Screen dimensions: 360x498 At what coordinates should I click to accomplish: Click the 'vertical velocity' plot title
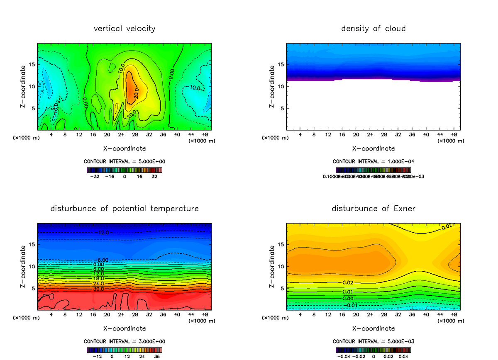click(124, 29)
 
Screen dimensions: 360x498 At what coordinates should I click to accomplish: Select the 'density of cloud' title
click(373, 29)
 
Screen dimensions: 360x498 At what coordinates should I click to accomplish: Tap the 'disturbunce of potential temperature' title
click(124, 208)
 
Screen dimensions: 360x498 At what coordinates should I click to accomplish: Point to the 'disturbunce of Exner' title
click(373, 208)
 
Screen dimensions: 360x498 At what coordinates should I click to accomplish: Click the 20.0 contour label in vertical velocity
click(137, 95)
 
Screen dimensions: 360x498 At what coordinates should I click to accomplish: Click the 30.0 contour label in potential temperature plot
click(99, 289)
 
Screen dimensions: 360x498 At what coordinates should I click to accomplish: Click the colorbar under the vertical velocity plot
click(124, 170)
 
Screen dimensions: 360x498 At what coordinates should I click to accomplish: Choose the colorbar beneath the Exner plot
click(373, 350)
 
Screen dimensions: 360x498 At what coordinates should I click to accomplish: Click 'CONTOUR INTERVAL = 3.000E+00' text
click(124, 341)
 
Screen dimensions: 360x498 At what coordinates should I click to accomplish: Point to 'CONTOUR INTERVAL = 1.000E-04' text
click(373, 161)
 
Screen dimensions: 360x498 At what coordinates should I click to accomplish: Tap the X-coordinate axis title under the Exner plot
click(373, 328)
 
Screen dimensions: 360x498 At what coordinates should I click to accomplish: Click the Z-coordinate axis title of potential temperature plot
click(24, 267)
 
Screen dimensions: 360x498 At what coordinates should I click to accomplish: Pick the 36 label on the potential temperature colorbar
click(156, 356)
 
